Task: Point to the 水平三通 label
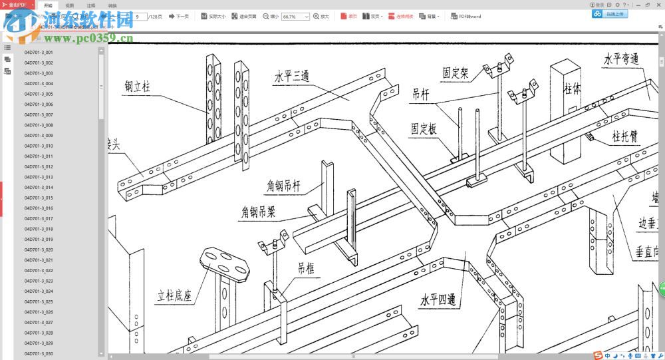(x=292, y=76)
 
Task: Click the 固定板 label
(x=424, y=128)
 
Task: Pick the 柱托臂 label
(x=625, y=136)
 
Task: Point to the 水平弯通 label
(x=621, y=59)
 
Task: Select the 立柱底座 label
(x=174, y=295)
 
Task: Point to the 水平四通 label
(x=438, y=300)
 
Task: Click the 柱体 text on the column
(x=573, y=88)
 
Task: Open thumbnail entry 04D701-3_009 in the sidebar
(x=39, y=135)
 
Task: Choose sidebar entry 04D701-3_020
(x=39, y=250)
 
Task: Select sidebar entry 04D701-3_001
(x=39, y=52)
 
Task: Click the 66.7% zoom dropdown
(x=295, y=16)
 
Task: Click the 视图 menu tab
(x=69, y=5)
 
